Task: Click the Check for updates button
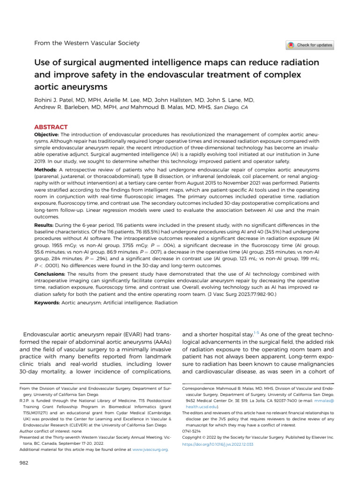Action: [310, 45]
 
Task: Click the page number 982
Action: [24, 464]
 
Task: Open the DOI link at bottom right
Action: [217, 443]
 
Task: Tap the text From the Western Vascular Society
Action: [87, 43]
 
